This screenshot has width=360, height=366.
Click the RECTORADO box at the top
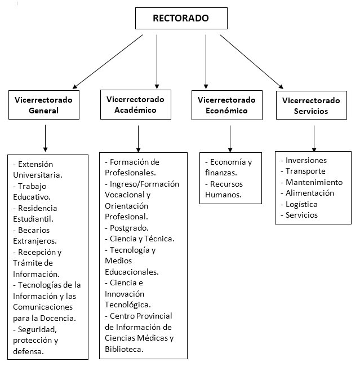coord(181,19)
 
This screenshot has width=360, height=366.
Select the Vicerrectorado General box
coord(43,105)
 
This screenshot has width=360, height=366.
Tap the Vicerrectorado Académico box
coord(135,105)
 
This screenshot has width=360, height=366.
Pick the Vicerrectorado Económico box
coord(226,105)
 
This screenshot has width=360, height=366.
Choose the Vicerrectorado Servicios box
coord(310,106)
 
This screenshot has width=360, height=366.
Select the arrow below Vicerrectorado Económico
coord(230,138)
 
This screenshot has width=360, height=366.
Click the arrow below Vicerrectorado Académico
coord(138,138)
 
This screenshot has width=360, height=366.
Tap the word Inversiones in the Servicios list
coord(306,161)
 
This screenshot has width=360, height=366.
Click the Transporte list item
coord(305,171)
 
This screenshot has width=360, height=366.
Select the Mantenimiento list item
coord(314,182)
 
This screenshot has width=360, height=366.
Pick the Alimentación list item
coord(310,193)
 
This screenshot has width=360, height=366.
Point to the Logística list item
coord(301,204)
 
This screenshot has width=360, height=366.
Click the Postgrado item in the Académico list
coord(129,228)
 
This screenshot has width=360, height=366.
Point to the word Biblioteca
coord(124,349)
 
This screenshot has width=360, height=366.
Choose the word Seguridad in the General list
coord(38,329)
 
